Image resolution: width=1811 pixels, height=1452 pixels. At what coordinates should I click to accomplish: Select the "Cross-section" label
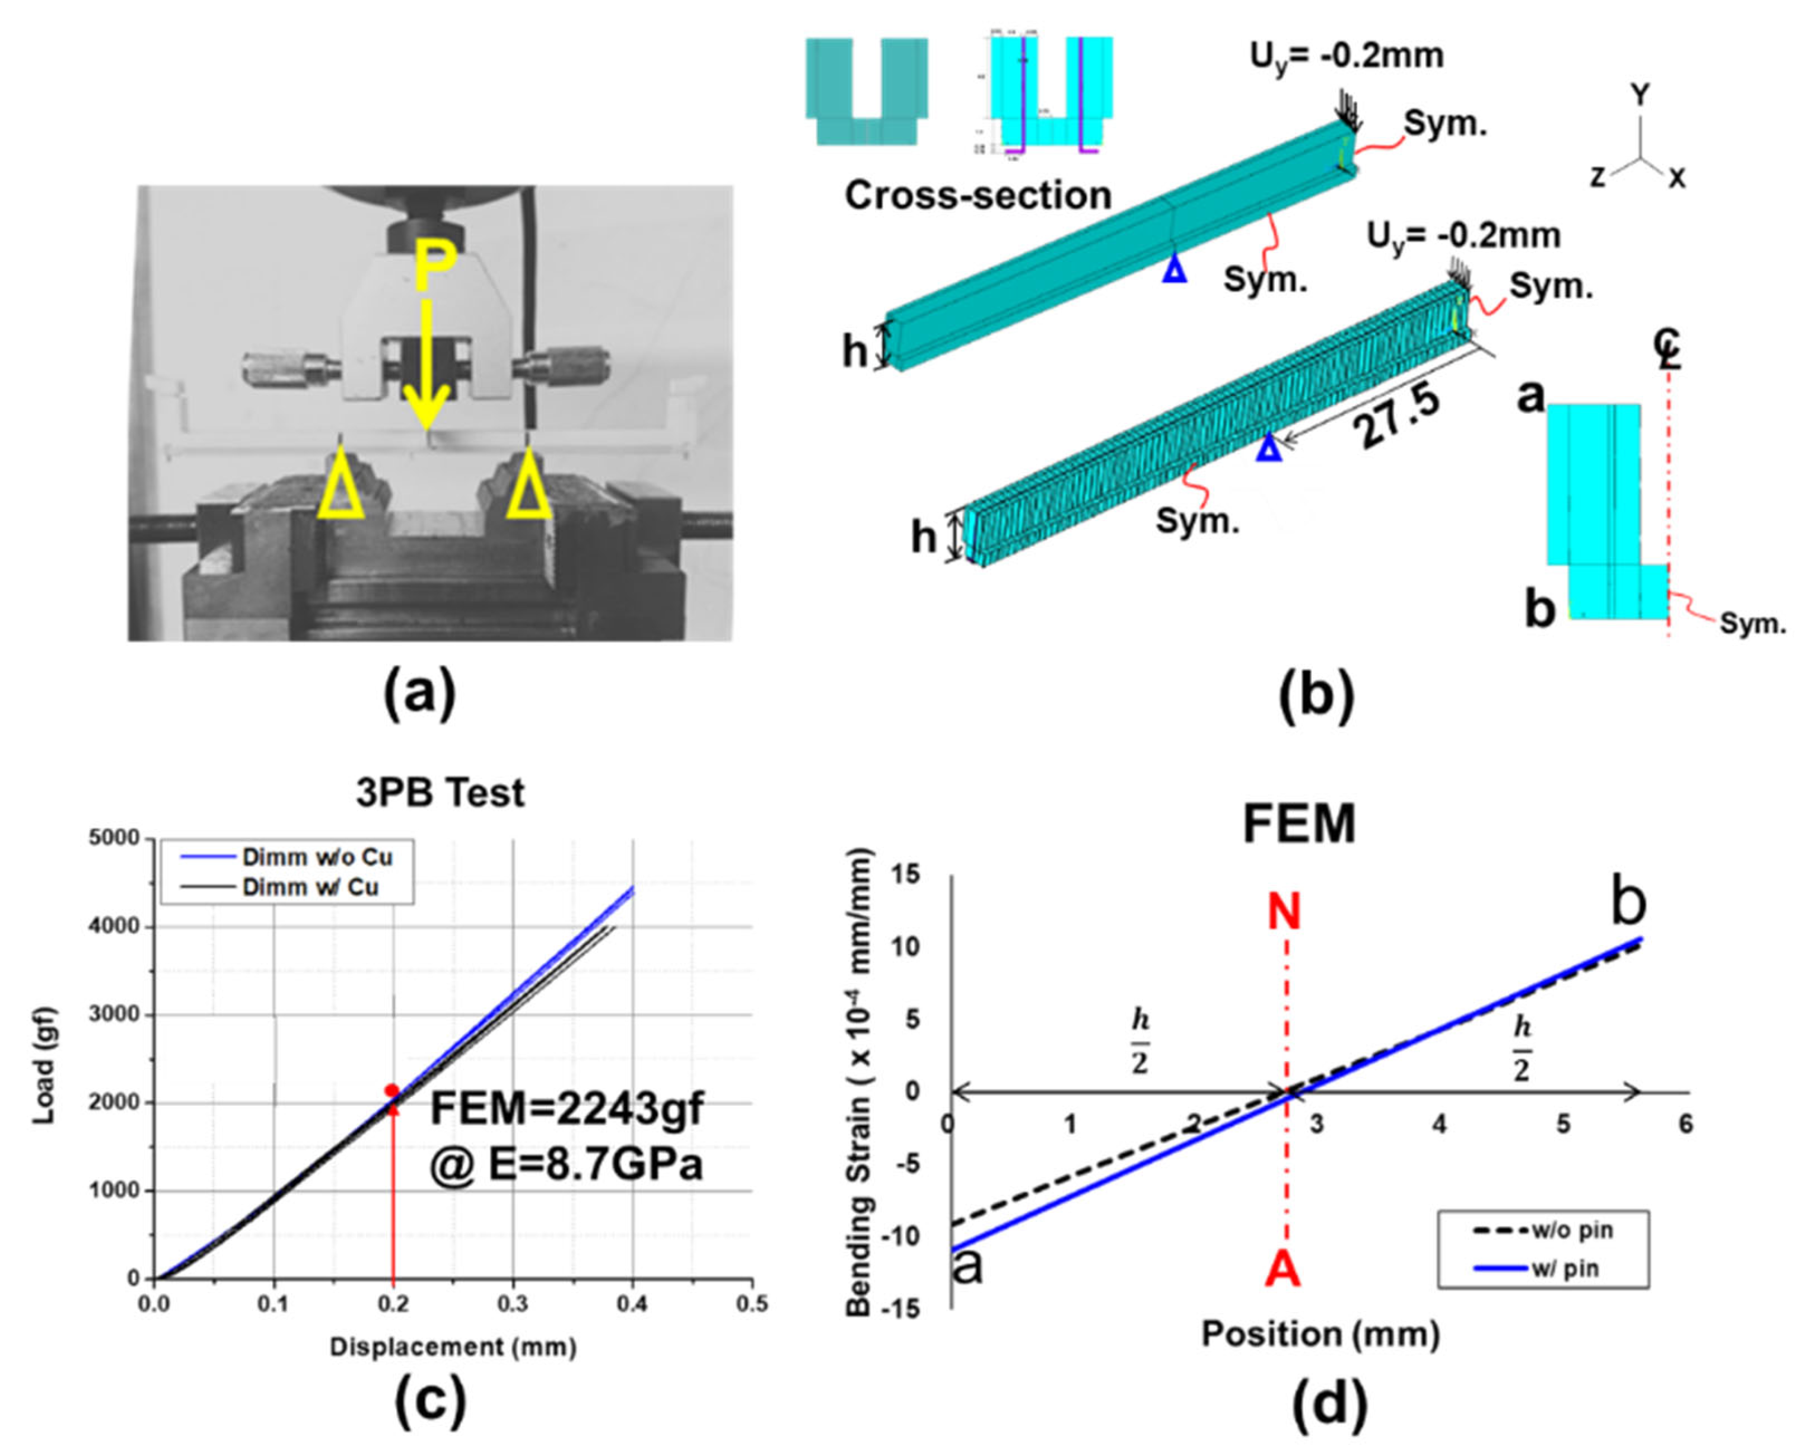tap(978, 196)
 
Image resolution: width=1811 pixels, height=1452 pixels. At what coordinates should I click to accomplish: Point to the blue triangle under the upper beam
tap(1175, 270)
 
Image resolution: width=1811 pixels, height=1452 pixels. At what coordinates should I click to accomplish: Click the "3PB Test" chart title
tap(440, 793)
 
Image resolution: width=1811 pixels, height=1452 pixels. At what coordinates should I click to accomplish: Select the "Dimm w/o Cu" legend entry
tap(317, 857)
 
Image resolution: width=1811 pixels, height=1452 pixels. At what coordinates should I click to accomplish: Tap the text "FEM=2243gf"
tap(567, 1109)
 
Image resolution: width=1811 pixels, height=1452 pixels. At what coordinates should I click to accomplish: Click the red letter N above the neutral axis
tap(1284, 912)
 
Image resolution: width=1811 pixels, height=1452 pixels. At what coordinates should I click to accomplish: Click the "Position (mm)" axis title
tap(1320, 1333)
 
